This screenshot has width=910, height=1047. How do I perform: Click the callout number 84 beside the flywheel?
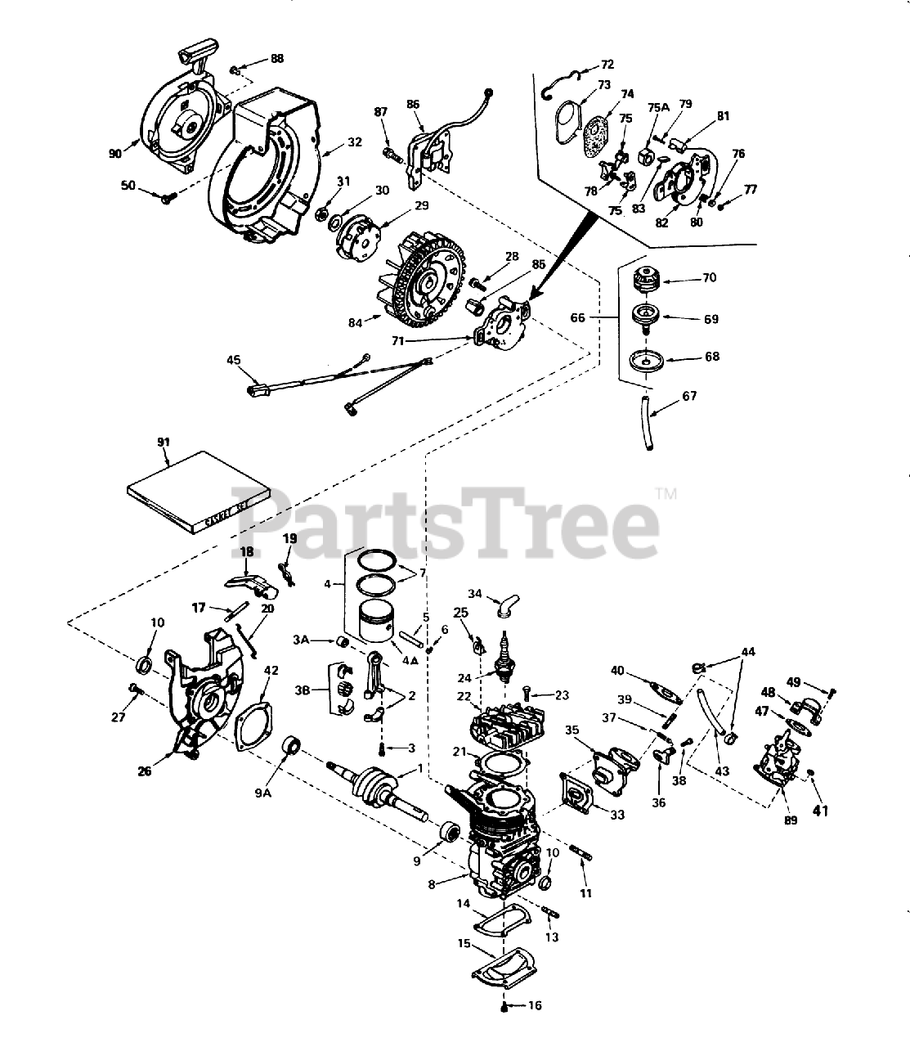click(x=355, y=323)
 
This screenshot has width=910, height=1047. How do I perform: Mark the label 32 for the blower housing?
click(x=354, y=142)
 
